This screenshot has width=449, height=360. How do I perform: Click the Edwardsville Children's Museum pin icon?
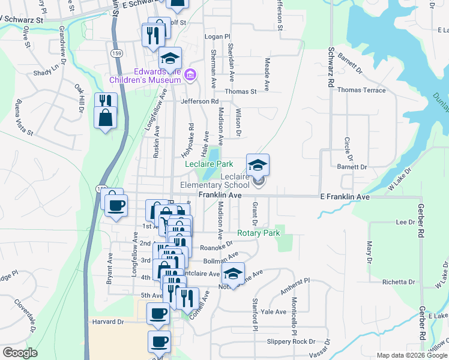(x=190, y=74)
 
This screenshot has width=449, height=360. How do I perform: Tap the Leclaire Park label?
(x=209, y=164)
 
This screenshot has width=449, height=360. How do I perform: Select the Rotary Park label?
(x=259, y=233)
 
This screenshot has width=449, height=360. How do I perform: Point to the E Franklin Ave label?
(x=344, y=197)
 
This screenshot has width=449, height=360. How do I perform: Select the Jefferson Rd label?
(x=200, y=102)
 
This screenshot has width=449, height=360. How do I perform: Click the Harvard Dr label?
(x=108, y=322)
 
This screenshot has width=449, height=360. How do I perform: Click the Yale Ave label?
(x=274, y=312)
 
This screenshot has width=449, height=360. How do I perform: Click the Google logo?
(x=20, y=353)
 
